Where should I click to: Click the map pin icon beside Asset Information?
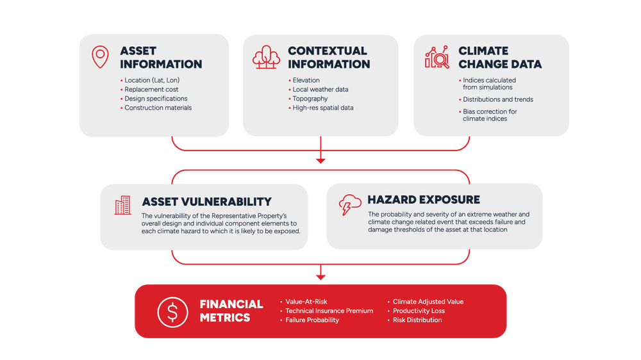tap(100, 57)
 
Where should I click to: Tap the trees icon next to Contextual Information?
tap(266, 57)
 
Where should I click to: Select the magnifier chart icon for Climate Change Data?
tap(437, 57)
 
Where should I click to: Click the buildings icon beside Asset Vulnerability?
tap(122, 205)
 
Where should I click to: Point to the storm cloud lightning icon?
tap(350, 205)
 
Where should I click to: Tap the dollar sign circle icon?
tap(172, 312)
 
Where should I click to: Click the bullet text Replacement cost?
tap(151, 90)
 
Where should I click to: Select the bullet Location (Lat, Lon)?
tap(152, 80)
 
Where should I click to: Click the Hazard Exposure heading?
tap(424, 200)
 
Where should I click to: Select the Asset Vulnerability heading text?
tap(206, 202)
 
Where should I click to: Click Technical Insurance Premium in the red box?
tap(329, 311)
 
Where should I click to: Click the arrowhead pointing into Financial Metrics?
tap(320, 277)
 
